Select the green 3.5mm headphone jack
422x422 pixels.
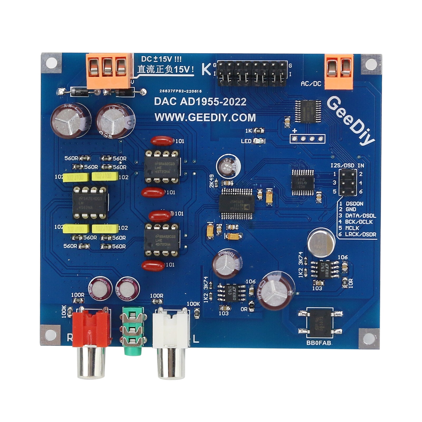point(132,330)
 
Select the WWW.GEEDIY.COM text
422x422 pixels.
point(205,117)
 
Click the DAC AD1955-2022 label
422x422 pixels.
point(200,102)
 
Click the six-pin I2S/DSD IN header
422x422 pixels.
point(348,183)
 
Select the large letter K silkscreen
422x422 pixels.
point(206,69)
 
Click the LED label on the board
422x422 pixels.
point(246,141)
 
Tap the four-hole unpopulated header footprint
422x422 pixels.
point(308,138)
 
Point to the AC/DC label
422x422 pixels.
point(311,84)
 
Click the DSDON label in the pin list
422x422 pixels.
point(354,204)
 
